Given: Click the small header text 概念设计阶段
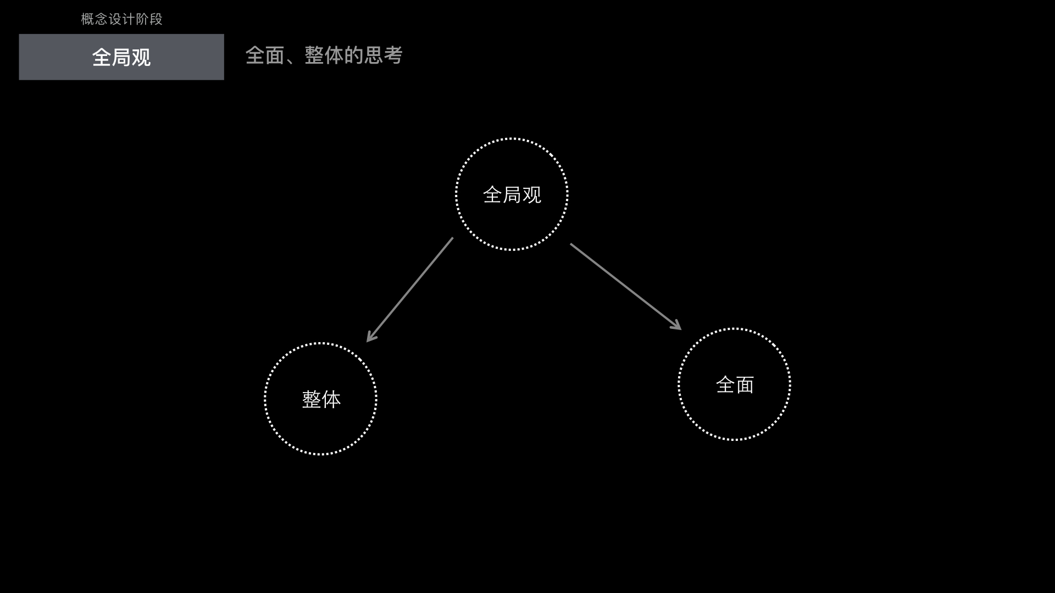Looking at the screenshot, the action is [x=121, y=19].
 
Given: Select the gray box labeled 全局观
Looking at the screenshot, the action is [x=121, y=57].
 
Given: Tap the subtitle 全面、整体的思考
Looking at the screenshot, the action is [x=324, y=55].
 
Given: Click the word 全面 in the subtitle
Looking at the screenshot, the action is [x=265, y=55].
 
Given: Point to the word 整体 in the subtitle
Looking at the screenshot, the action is [x=324, y=55].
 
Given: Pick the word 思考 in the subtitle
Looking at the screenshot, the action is [x=383, y=55].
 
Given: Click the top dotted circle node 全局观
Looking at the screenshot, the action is [x=512, y=194].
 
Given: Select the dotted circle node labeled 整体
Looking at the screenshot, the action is [x=321, y=399].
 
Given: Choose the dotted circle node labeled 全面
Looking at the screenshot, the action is [x=735, y=384].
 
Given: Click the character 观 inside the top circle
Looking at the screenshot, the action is [x=532, y=195].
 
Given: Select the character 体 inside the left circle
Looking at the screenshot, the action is [x=331, y=399].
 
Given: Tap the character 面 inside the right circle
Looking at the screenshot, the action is [x=745, y=385].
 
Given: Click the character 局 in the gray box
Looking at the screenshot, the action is [x=121, y=58].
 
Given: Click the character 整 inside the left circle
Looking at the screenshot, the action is [x=312, y=399].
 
